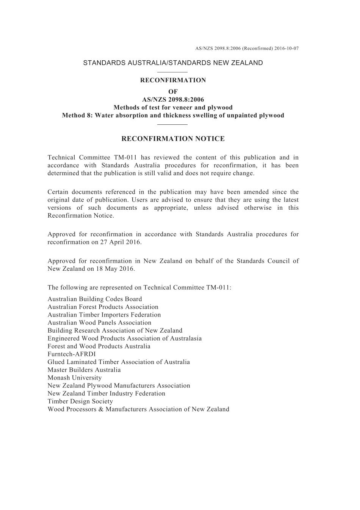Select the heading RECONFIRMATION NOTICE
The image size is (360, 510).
pyautogui.click(x=173, y=139)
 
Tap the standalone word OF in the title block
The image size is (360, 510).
pyautogui.click(x=173, y=92)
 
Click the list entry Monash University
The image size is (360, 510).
pyautogui.click(x=75, y=378)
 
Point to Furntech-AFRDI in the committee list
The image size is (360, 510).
pyautogui.click(x=72, y=354)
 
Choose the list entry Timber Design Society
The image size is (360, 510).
pyautogui.click(x=80, y=401)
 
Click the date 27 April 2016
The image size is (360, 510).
pyautogui.click(x=120, y=242)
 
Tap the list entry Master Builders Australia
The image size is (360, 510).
pyautogui.click(x=84, y=370)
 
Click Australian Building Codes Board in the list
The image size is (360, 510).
pyautogui.click(x=95, y=299)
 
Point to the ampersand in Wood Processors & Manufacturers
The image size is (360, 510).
pyautogui.click(x=101, y=409)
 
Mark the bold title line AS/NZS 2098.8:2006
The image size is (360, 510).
pyautogui.click(x=173, y=100)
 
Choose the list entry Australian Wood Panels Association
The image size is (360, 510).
pyautogui.click(x=99, y=323)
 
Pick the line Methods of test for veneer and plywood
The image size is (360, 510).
pyautogui.click(x=173, y=108)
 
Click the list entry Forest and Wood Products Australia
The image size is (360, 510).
pyautogui.click(x=99, y=346)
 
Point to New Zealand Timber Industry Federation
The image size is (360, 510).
pyautogui.click(x=106, y=394)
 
